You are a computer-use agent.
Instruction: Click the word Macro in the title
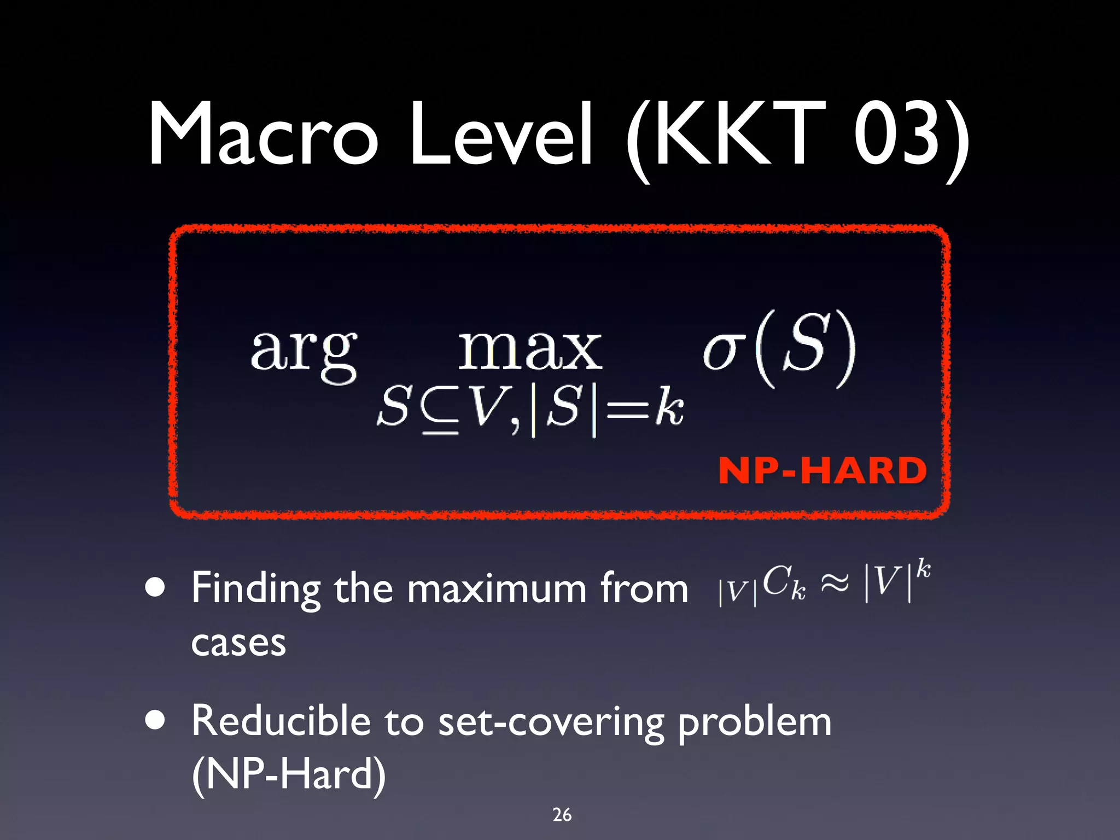pyautogui.click(x=262, y=134)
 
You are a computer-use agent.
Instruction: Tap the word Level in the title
pyautogui.click(x=501, y=134)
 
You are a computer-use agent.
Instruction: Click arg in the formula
pyautogui.click(x=304, y=353)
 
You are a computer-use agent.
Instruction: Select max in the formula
pyautogui.click(x=529, y=350)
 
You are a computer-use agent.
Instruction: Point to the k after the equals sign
pyautogui.click(x=669, y=407)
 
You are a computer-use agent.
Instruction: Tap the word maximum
pyautogui.click(x=497, y=590)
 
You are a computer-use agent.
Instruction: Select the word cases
pyautogui.click(x=238, y=643)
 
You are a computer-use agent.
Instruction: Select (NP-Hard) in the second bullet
pyautogui.click(x=289, y=774)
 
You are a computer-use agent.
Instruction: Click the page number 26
pyautogui.click(x=562, y=815)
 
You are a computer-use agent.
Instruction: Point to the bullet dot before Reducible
pyautogui.click(x=155, y=721)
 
